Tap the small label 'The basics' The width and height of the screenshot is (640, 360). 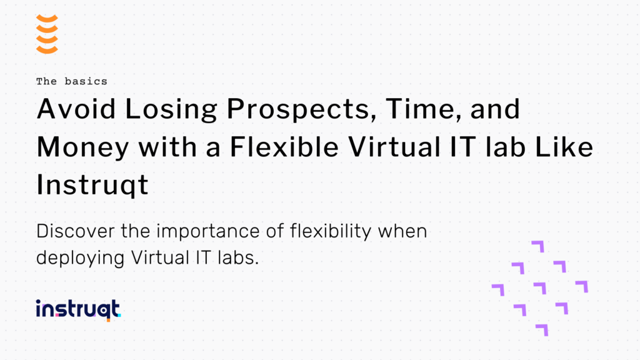[x=71, y=81]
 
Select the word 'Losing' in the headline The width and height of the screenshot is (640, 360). [x=159, y=109]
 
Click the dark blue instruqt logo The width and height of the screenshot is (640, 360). [x=78, y=310]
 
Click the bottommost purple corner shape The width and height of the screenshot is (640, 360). [x=541, y=329]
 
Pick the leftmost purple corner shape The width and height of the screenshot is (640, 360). [x=497, y=289]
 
